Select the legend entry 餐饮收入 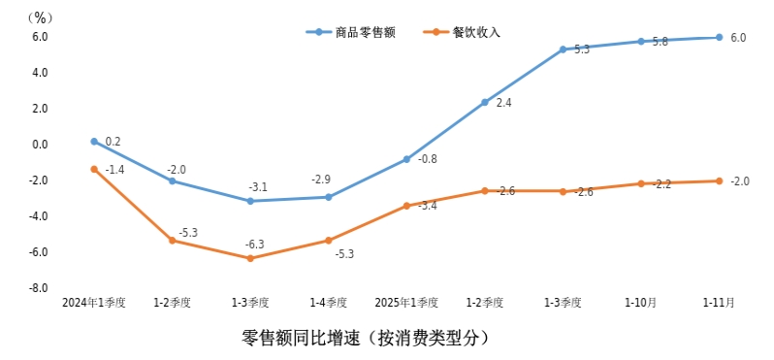[x=475, y=32]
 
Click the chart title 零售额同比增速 [x=366, y=339]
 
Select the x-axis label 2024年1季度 [x=94, y=303]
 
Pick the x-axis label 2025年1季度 [x=406, y=303]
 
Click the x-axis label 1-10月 [x=640, y=303]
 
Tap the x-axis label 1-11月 [x=719, y=303]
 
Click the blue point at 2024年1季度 [x=94, y=142]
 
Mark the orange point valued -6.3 [x=250, y=258]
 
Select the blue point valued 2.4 [x=485, y=102]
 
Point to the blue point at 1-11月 [x=719, y=37]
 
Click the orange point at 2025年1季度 [x=406, y=206]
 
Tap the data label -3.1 [x=257, y=187]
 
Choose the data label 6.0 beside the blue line [x=738, y=38]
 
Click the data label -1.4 [x=114, y=170]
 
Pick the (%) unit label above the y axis [x=40, y=17]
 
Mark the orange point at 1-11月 [x=719, y=180]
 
